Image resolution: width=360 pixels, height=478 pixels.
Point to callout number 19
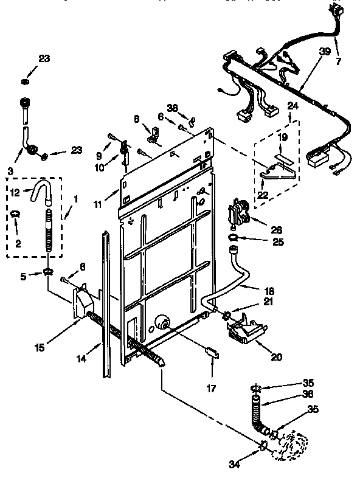click(283, 137)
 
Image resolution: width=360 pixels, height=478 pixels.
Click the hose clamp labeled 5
click(48, 271)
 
